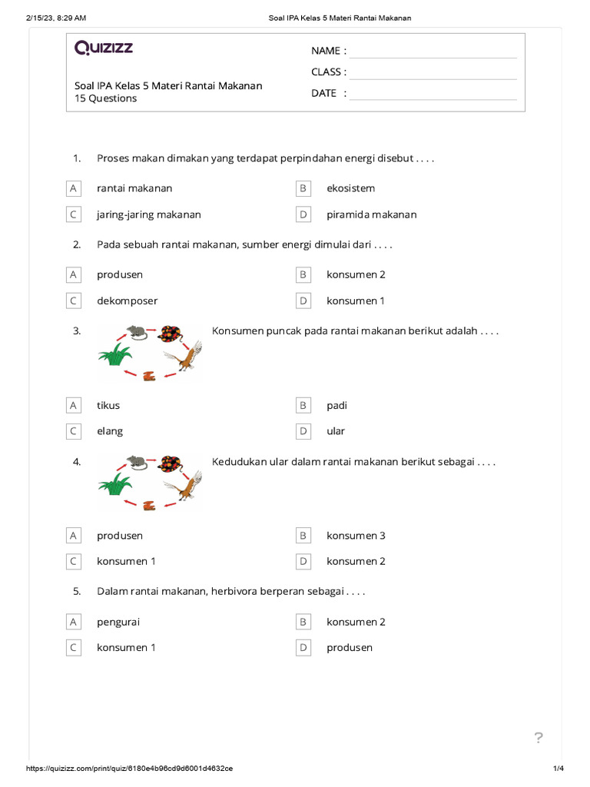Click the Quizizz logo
[x=104, y=48]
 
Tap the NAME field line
[x=433, y=51]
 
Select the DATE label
[x=323, y=93]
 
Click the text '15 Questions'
[x=106, y=98]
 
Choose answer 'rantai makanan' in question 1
[x=134, y=188]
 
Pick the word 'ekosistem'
[x=350, y=188]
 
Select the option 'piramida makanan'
[x=371, y=214]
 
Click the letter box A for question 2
[x=73, y=274]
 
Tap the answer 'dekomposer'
[x=127, y=301]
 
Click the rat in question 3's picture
[x=136, y=331]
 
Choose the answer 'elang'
[x=110, y=431]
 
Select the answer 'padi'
[x=336, y=405]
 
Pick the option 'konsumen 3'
[x=356, y=536]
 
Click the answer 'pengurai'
[x=118, y=622]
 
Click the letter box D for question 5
[x=303, y=648]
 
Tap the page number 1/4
[x=559, y=769]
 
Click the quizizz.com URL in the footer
[x=130, y=769]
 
